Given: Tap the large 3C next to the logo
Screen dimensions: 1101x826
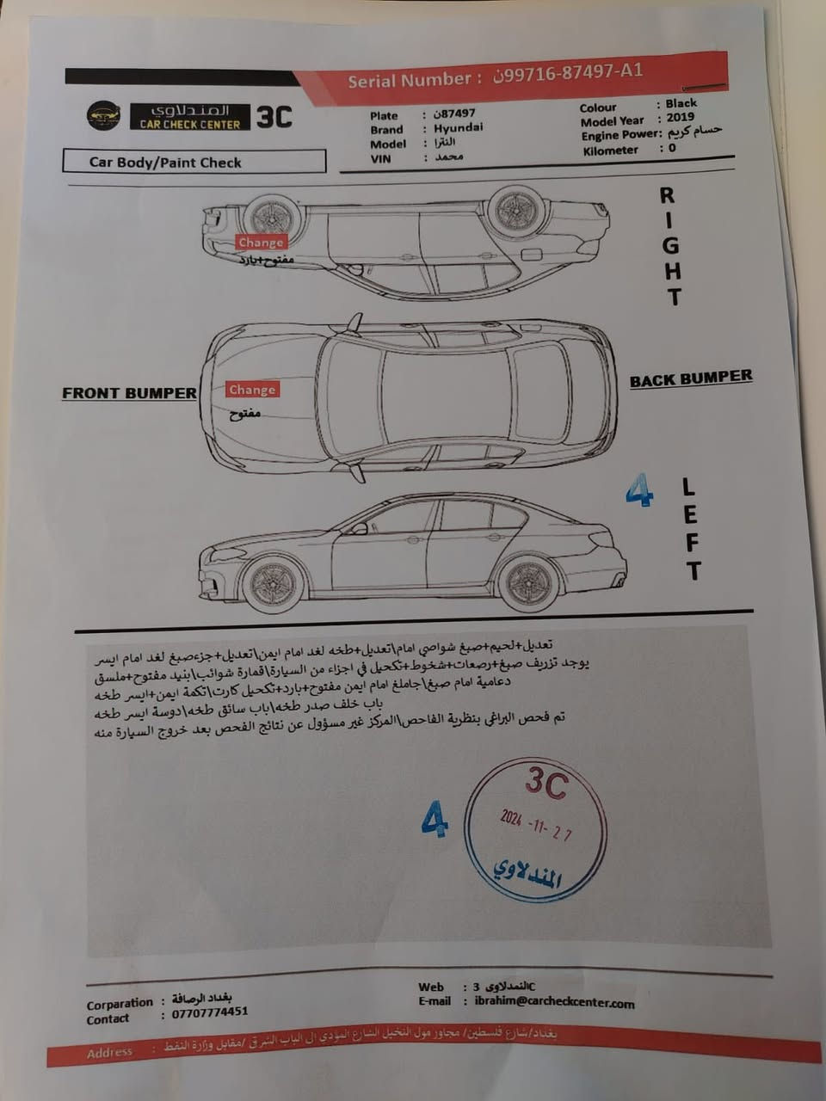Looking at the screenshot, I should [274, 117].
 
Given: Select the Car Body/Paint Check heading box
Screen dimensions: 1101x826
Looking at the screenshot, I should [194, 162].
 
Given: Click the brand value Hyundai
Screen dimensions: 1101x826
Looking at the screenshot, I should [458, 127].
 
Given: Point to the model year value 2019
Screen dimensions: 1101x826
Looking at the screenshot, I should [680, 118].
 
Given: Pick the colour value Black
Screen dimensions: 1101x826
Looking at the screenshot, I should [681, 103].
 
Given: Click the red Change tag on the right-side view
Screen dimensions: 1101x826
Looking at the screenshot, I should [261, 243].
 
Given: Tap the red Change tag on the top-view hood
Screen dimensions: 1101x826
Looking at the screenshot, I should [252, 390].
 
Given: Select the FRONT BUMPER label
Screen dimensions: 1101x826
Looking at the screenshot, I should [129, 393].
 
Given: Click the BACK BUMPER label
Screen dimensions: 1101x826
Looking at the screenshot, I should [690, 378].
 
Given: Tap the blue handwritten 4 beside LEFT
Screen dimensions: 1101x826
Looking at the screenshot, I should [638, 491].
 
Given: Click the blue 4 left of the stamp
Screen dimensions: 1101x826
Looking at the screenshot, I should [435, 819].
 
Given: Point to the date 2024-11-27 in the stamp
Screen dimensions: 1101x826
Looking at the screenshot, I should [536, 824].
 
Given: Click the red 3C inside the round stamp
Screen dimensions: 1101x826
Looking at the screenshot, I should [546, 783].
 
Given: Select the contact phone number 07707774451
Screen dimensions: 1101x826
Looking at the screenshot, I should [209, 1012].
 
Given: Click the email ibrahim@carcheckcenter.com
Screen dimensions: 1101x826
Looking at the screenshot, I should [554, 1002].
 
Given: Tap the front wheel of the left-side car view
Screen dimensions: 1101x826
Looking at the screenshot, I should [274, 582].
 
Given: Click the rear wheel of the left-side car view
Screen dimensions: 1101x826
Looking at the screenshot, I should [528, 582].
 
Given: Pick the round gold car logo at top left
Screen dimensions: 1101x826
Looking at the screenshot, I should [103, 116].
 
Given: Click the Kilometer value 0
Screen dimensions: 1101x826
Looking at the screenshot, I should [672, 148].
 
